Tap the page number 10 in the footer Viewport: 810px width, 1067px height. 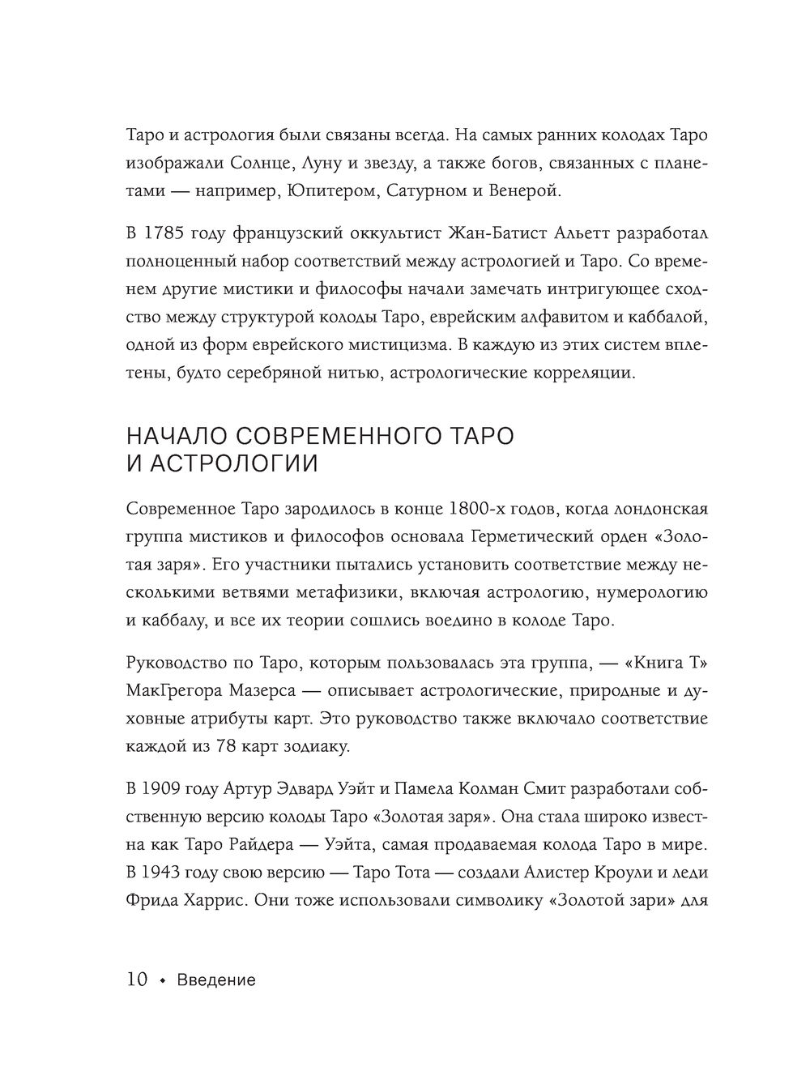[137, 980]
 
